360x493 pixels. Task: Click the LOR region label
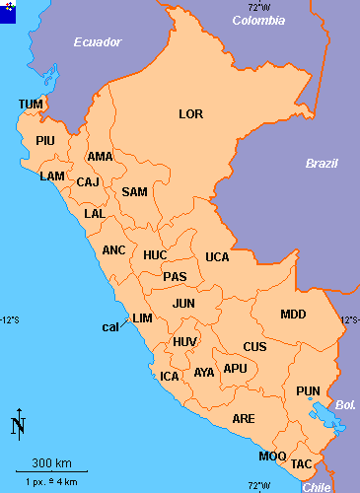(x=190, y=114)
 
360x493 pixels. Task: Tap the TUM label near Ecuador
(x=31, y=105)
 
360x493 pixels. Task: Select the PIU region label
(x=45, y=141)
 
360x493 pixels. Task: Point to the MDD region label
(x=293, y=315)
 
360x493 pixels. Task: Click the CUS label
(x=254, y=347)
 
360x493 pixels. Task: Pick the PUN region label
(x=308, y=392)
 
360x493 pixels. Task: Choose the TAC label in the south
(x=302, y=463)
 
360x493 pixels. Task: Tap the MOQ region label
(x=272, y=457)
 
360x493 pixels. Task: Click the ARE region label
(x=243, y=419)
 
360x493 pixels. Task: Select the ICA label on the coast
(x=170, y=377)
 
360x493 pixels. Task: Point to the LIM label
(x=143, y=317)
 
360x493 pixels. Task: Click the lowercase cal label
(x=110, y=326)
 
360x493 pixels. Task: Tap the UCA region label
(x=217, y=257)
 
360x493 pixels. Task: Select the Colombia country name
(x=257, y=19)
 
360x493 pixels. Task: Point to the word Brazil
(x=322, y=164)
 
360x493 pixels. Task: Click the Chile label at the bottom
(x=317, y=487)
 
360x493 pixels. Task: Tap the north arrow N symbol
(x=18, y=425)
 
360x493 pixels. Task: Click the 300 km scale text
(x=50, y=463)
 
